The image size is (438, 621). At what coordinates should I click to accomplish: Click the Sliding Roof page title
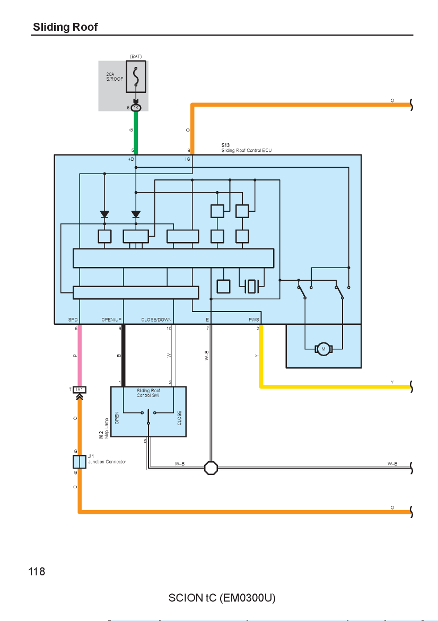coord(65,27)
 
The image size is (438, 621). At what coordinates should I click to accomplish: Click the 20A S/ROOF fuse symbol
coord(136,76)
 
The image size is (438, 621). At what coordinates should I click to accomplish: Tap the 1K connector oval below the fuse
coord(136,108)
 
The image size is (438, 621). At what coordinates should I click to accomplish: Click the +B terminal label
coord(131,159)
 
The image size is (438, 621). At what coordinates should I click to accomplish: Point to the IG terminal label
coord(188,159)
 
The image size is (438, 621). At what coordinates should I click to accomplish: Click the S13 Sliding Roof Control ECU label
coord(247,148)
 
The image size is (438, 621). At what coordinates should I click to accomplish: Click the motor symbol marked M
coord(323,349)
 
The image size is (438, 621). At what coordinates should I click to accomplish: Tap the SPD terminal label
coord(73,320)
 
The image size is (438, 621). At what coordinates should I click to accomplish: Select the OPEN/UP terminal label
coord(111,320)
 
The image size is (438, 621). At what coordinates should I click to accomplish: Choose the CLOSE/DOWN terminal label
coord(156,320)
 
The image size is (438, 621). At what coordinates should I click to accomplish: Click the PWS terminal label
coord(253,320)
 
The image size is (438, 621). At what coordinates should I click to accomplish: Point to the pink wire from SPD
coord(80,355)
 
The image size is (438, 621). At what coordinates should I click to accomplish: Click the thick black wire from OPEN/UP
coord(123,355)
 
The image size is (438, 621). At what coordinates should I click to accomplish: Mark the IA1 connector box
coord(80,390)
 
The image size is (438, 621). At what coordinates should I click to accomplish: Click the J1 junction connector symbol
coord(80,462)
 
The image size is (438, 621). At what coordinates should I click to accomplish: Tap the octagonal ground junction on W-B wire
coord(211,468)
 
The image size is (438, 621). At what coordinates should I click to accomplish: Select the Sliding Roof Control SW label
coord(148,393)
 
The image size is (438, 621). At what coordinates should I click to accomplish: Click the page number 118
coord(37,572)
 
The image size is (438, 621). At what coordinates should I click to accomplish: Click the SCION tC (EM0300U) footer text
coord(222,598)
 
